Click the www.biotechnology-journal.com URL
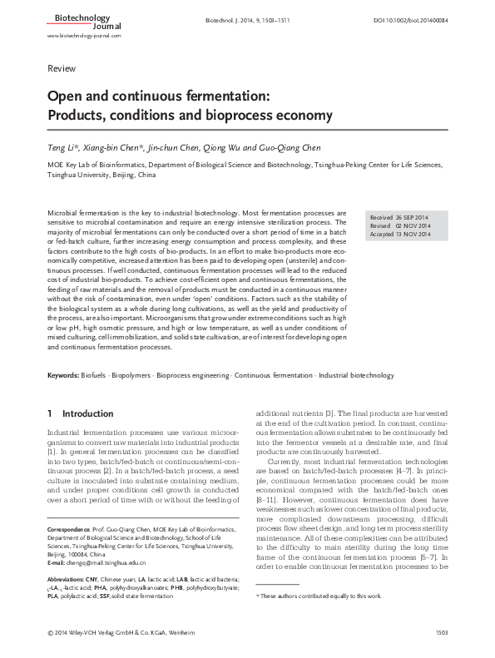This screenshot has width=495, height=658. click(84, 36)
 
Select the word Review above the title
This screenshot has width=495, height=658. click(61, 67)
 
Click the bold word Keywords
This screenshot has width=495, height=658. click(63, 376)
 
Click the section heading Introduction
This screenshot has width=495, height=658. click(82, 413)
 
